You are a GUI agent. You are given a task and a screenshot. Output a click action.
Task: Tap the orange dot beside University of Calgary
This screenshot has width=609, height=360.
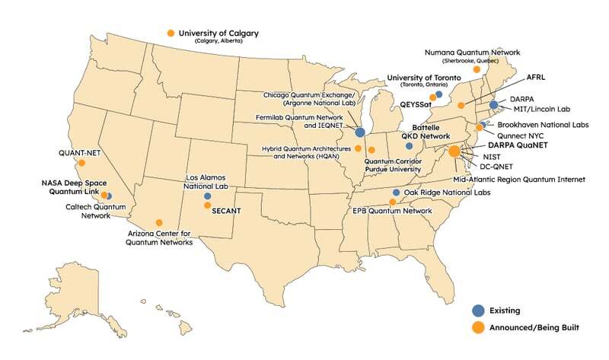[171, 33]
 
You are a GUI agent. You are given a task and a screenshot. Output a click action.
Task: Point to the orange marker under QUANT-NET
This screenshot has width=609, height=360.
[81, 162]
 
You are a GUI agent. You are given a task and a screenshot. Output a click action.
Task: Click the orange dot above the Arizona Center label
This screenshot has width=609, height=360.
[159, 222]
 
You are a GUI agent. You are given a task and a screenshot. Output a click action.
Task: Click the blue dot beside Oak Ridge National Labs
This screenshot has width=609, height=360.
[396, 193]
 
